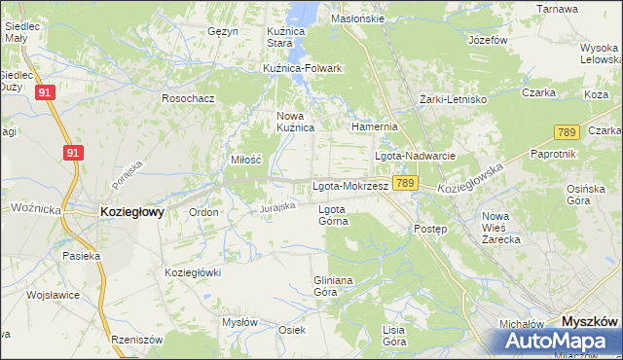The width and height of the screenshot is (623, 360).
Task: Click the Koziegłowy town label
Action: (132, 210)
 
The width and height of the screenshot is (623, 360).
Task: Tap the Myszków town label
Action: (590, 320)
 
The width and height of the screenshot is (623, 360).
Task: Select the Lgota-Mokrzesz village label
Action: (350, 185)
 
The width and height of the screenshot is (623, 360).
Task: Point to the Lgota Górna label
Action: (333, 214)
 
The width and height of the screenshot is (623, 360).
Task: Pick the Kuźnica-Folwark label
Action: (303, 68)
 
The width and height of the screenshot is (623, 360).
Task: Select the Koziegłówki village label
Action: (194, 272)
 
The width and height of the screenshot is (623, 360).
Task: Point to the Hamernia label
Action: (374, 126)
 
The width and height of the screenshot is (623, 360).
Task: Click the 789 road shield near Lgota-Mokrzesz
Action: (407, 183)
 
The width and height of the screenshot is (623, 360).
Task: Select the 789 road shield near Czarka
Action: (567, 131)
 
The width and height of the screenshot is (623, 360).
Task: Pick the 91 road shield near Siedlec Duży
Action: (45, 92)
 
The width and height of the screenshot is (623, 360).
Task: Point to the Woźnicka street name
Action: (36, 208)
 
